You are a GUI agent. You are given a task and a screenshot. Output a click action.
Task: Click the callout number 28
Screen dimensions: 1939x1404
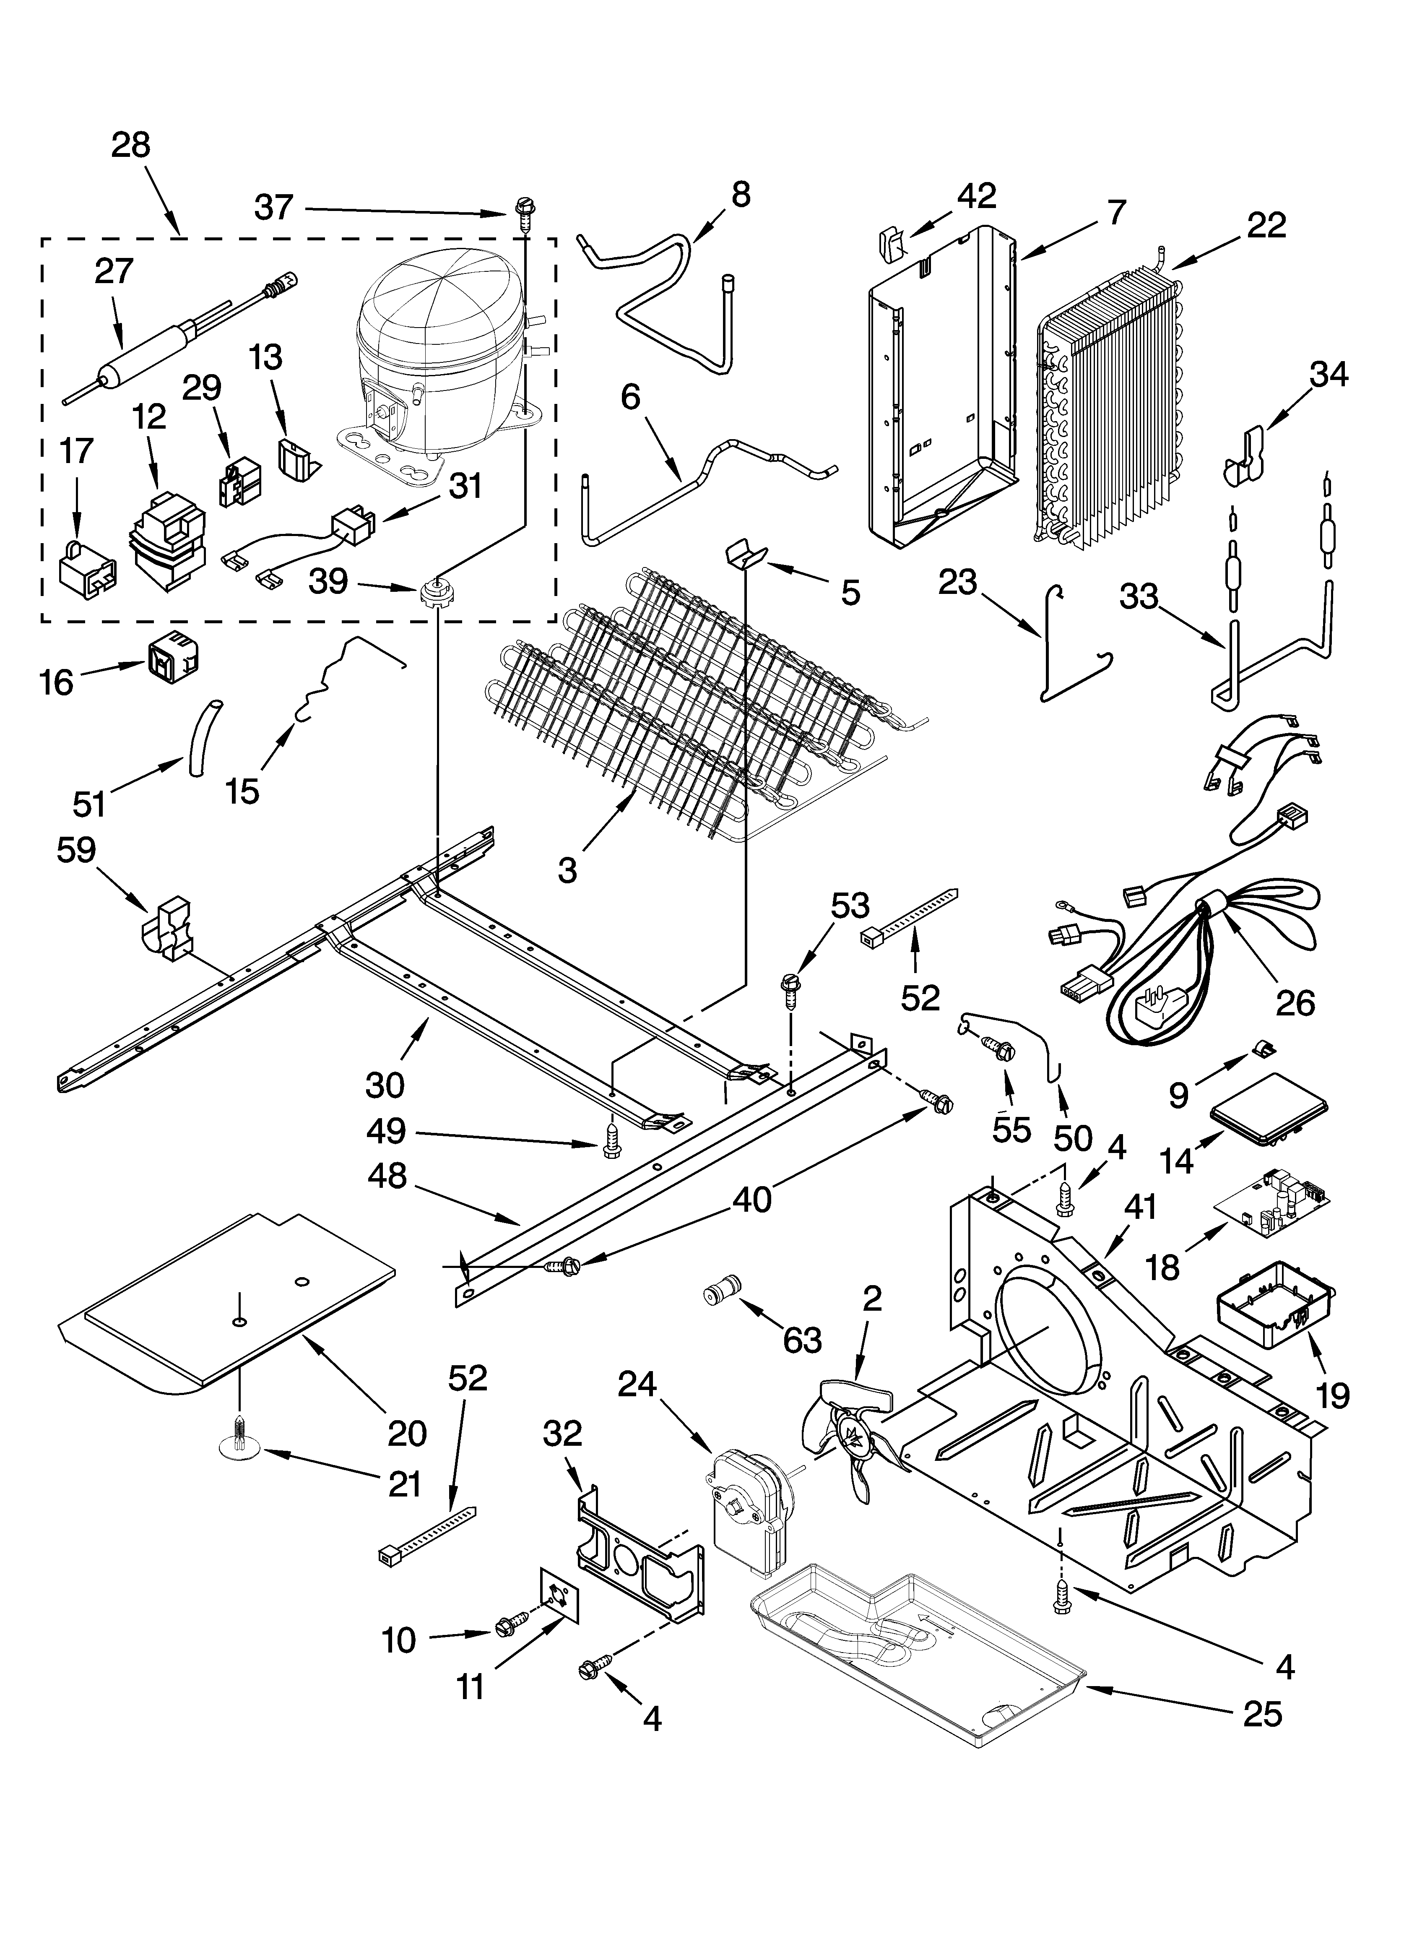click(x=131, y=146)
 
